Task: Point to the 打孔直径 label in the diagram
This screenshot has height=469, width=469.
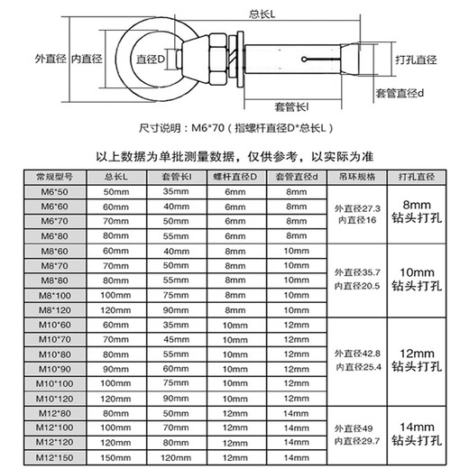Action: coord(415,60)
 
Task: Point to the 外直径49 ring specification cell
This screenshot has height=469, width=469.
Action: coord(354,427)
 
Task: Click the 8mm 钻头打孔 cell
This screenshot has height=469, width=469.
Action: coord(418,212)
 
